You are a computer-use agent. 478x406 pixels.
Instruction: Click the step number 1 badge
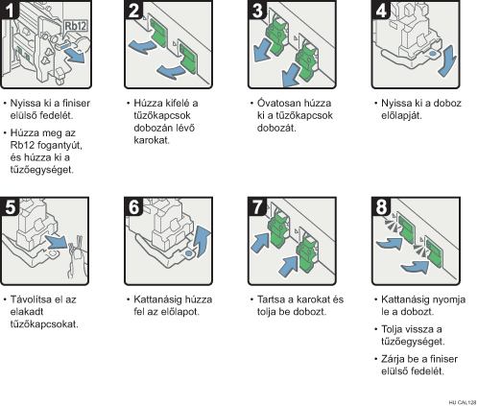(10, 10)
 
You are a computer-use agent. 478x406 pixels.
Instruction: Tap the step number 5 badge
(10, 206)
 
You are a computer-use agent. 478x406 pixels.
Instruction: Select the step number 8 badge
(381, 206)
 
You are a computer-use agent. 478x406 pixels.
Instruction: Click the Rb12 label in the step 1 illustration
(76, 26)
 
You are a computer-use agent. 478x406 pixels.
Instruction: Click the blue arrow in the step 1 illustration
(74, 57)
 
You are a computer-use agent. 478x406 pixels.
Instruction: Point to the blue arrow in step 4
(447, 60)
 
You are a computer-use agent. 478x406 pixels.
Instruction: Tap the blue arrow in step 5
(57, 242)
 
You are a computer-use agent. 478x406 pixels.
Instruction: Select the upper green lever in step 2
(158, 33)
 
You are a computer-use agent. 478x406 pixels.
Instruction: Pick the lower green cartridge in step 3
(306, 61)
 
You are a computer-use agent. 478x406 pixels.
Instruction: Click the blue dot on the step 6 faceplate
(189, 253)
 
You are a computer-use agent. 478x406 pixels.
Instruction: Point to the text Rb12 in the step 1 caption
(22, 145)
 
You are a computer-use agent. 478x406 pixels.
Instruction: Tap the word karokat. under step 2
(152, 140)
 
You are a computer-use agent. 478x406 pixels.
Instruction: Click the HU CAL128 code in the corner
(463, 402)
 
